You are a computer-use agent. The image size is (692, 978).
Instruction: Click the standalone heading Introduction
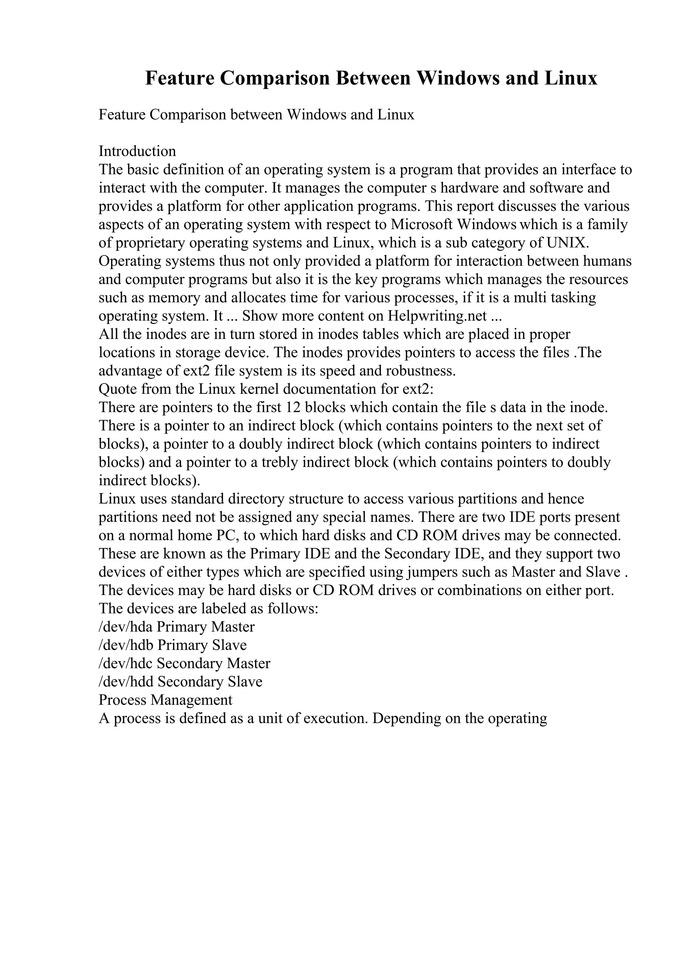click(x=137, y=151)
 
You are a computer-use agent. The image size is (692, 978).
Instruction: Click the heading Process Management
click(x=166, y=700)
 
